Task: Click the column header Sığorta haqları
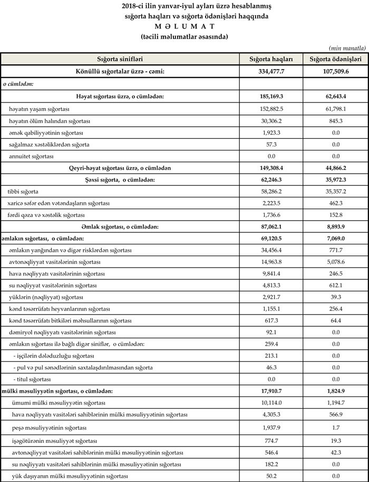click(271, 59)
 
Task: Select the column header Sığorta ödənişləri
click(334, 59)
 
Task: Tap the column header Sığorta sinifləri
click(120, 59)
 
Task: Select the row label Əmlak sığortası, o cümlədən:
click(120, 226)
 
